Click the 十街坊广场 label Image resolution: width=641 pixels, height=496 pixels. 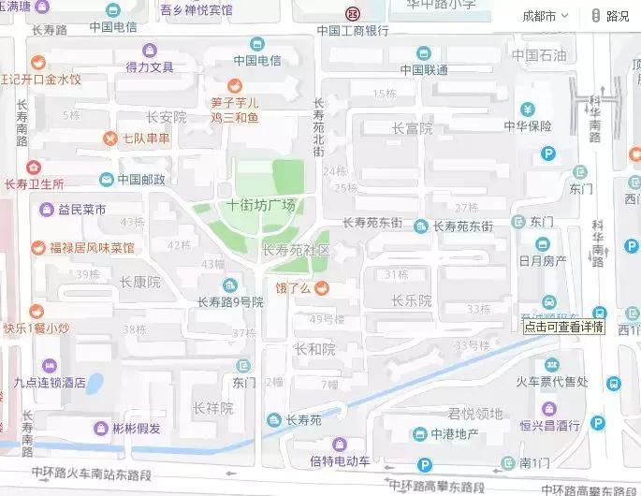261,205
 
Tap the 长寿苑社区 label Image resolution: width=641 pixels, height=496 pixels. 297,251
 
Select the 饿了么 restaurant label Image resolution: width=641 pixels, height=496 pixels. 292,286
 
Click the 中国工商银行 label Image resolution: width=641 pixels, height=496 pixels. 353,31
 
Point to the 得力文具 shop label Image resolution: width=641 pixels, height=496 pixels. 150,66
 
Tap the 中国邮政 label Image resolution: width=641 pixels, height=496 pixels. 140,179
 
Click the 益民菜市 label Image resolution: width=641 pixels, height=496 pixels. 81,209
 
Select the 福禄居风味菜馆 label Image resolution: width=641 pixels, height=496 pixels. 92,248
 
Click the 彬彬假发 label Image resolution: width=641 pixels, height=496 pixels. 137,429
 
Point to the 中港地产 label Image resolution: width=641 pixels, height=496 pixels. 455,433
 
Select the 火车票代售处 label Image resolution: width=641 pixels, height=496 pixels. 552,381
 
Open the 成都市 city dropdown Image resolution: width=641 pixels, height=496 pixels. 542,16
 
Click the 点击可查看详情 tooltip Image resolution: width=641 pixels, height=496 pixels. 564,328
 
